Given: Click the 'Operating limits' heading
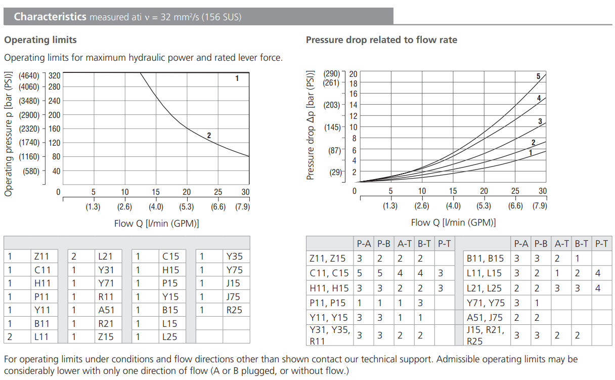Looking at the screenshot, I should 40,39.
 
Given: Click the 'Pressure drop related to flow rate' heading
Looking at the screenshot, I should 381,39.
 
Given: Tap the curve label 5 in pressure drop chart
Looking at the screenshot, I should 538,76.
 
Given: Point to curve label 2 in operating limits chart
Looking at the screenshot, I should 208,135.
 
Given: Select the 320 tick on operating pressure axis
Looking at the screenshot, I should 54,75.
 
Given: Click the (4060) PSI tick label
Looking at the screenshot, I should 29,87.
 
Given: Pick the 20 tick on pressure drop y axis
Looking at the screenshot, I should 353,74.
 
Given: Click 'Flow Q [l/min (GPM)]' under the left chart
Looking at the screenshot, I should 156,223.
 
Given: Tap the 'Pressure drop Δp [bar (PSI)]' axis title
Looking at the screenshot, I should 311,125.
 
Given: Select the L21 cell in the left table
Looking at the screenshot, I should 106,257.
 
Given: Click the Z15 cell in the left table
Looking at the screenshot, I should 106,336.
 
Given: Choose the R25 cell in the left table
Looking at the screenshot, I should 234,310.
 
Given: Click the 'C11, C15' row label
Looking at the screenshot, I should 329,273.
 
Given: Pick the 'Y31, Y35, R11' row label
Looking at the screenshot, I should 329,335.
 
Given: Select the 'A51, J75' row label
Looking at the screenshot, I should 485,317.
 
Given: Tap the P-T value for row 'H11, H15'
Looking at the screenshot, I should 441,288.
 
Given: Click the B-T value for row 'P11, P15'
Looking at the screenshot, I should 420,303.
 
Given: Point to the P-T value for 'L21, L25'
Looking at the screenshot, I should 598,288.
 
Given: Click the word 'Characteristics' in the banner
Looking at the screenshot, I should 50,17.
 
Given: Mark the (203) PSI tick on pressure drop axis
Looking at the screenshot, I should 332,105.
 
